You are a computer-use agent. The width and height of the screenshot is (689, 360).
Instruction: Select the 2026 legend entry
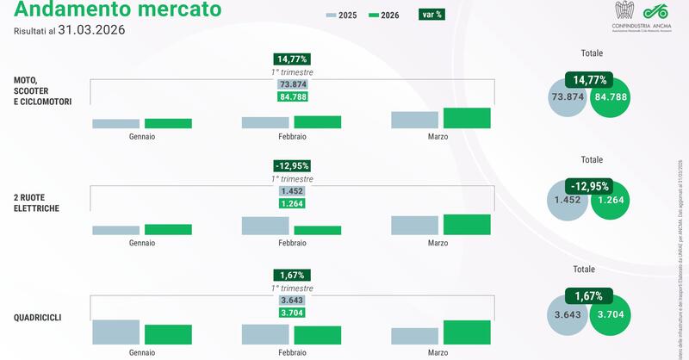tap(386, 16)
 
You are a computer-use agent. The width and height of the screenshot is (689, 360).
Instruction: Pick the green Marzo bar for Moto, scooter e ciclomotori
tap(467, 119)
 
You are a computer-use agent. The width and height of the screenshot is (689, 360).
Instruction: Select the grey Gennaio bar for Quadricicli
tap(115, 332)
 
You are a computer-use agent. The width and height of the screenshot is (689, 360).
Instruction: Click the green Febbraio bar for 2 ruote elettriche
tap(317, 231)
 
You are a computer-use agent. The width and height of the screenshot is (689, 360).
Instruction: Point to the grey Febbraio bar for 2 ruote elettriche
tap(265, 226)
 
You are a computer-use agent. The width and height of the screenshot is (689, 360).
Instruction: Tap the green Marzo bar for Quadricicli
tap(467, 332)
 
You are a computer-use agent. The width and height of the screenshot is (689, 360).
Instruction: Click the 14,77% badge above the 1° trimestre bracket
tap(291, 59)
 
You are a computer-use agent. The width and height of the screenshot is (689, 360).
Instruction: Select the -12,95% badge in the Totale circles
tap(590, 185)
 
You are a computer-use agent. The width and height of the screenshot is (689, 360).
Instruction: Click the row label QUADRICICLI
tap(37, 317)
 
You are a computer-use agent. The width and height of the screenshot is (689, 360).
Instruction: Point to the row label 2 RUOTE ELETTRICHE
tap(36, 202)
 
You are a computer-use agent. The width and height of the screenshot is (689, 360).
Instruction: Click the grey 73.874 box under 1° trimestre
tap(292, 84)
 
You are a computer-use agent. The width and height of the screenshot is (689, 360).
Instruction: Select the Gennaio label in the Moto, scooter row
tap(142, 136)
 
